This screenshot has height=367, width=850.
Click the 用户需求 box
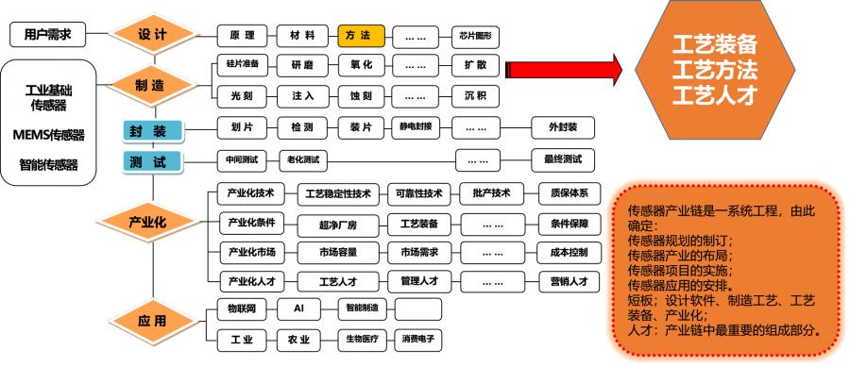pos(47,35)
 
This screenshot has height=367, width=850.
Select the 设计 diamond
pos(152,35)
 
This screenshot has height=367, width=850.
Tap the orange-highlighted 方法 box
pos(361,36)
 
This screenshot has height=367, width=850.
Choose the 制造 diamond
pos(148,85)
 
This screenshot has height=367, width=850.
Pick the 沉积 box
pos(475,97)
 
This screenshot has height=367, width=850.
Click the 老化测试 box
pos(303,158)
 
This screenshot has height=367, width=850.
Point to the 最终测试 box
pos(562,158)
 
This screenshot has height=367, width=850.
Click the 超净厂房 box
pos(337,225)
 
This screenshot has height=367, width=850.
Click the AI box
pos(298,309)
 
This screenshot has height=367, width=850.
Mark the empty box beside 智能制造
pos(416,309)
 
